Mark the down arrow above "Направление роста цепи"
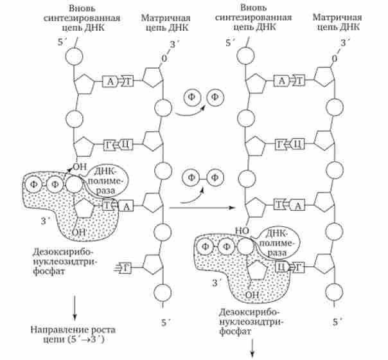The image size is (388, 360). pos(75,307)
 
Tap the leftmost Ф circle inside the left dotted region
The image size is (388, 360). pos(39,184)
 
